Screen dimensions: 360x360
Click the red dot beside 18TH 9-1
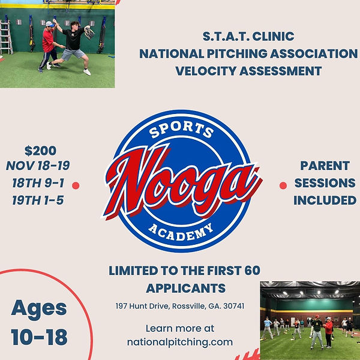(x=76, y=185)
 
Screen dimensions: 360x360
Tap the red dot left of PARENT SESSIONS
(x=283, y=186)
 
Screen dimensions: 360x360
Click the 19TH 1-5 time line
(x=37, y=200)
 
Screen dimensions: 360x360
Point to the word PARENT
(x=325, y=166)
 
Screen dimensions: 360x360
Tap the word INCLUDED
(x=325, y=200)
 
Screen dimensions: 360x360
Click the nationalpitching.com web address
(x=179, y=342)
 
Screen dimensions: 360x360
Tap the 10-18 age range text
(x=39, y=337)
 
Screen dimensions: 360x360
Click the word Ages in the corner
(x=39, y=308)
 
